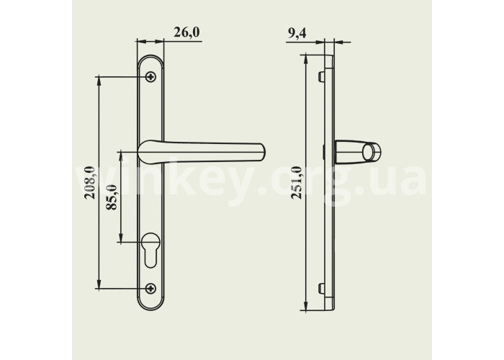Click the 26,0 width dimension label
[186, 32]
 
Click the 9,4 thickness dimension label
[297, 33]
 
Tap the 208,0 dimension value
[90, 183]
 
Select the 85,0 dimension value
[112, 197]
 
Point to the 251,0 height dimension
[297, 183]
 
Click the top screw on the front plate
[150, 76]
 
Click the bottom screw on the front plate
[150, 288]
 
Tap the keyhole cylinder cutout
[150, 249]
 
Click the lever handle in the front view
[202, 152]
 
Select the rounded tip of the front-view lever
[262, 152]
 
